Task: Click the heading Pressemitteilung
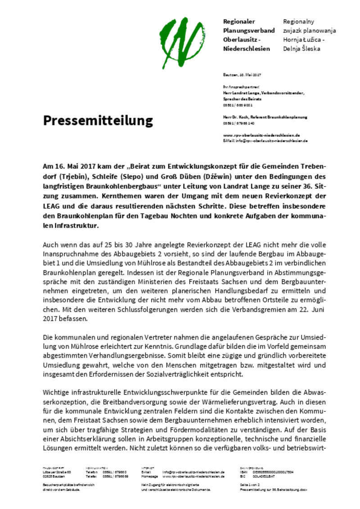click(98, 121)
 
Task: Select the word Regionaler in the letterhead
click(239, 22)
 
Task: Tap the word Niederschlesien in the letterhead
click(247, 49)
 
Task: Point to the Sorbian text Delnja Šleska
click(301, 49)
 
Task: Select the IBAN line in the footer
click(265, 472)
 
